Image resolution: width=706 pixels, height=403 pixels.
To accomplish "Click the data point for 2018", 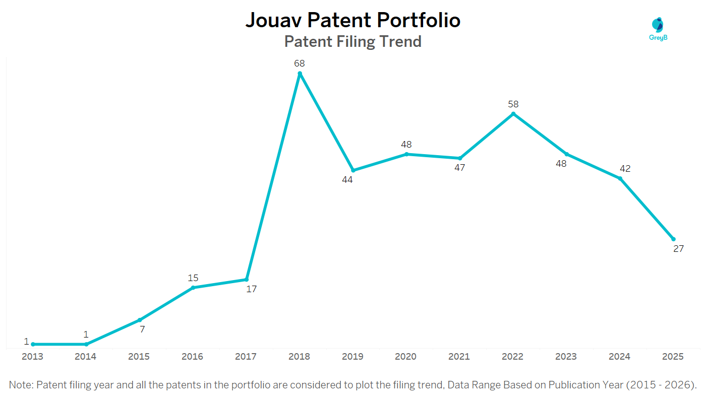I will [300, 74].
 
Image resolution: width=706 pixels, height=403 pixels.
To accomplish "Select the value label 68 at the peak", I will [300, 63].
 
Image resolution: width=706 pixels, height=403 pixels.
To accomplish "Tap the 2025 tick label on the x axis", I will [673, 357].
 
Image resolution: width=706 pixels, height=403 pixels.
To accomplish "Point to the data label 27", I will [679, 248].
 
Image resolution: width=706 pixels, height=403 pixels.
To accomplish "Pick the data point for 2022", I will [513, 114].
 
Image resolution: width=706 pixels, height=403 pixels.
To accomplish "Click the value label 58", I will [513, 104].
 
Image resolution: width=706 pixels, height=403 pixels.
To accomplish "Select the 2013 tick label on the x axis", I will [32, 357].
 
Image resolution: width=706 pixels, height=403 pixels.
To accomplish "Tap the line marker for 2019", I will [353, 170].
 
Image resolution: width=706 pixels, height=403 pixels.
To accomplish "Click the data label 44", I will [347, 180].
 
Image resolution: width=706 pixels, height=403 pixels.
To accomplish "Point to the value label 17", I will [252, 289].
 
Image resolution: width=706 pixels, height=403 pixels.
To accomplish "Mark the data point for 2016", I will [193, 288].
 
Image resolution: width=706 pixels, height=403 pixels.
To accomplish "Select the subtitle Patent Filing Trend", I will [352, 41].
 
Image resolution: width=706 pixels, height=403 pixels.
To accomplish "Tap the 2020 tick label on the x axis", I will [405, 357].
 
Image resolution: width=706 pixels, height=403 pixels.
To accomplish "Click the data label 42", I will [625, 169].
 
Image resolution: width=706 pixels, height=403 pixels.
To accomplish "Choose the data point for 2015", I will [140, 320].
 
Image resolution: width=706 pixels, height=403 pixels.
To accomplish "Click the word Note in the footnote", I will [20, 385].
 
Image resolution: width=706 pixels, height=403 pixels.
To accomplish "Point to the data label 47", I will [459, 168].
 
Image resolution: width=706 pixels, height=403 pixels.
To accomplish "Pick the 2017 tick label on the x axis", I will [246, 357].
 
